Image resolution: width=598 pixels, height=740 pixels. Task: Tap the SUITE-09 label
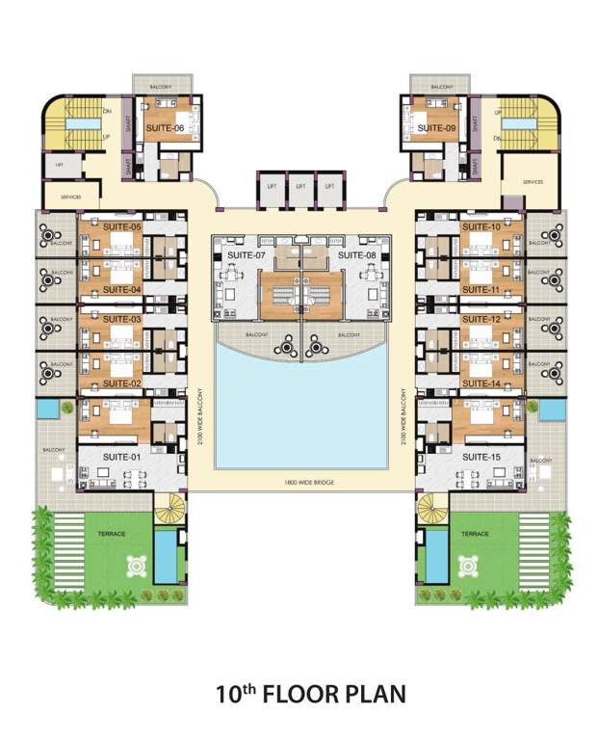(x=437, y=128)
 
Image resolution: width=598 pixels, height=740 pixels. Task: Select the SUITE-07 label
(x=247, y=255)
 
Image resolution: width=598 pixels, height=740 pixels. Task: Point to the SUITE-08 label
(x=356, y=255)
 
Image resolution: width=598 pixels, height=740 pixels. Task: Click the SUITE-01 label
(x=122, y=456)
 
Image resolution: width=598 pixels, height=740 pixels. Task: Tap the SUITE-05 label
(x=122, y=227)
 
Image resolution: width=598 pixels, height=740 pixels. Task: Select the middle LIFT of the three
(x=300, y=186)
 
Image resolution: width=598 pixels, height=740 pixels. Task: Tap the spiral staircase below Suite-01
(x=170, y=508)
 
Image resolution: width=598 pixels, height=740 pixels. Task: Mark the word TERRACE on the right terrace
(x=476, y=533)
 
